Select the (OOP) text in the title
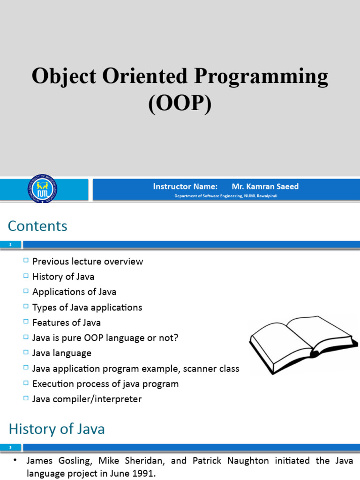coord(180,103)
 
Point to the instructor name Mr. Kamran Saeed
coord(265,187)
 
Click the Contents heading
coord(37,226)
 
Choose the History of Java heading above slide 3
coord(57,429)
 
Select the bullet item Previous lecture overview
coord(88,262)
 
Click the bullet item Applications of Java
coord(74,292)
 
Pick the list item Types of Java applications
coord(87,307)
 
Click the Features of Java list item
coord(66,322)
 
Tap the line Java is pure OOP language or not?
coord(105,338)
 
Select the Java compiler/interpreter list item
coord(87,399)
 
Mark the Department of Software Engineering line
coord(225,196)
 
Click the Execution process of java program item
coord(105,384)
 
